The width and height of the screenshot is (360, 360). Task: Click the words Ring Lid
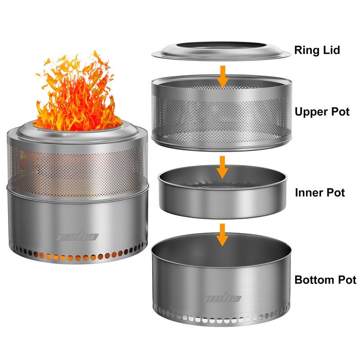click(317, 49)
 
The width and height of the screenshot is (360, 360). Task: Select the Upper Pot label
click(322, 112)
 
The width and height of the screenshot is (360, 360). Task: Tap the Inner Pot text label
click(319, 193)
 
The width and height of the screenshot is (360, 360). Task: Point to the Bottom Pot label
click(325, 280)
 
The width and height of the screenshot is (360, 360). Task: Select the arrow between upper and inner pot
click(221, 167)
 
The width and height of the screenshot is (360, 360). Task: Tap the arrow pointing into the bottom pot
click(221, 234)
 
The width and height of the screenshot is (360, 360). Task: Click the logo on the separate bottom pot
click(221, 298)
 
